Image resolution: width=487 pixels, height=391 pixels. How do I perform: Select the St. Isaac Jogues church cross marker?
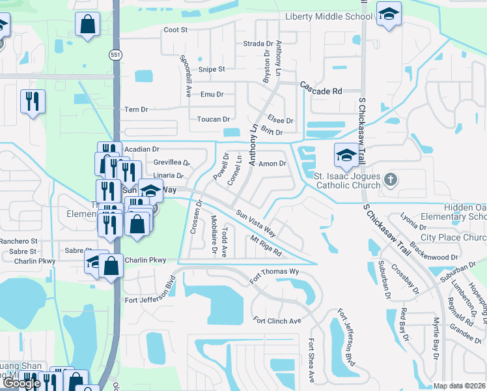(390, 179)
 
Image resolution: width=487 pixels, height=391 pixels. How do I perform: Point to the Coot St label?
(175, 30)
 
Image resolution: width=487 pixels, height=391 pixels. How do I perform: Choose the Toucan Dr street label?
(214, 119)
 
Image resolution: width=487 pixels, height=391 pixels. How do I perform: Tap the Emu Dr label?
(212, 94)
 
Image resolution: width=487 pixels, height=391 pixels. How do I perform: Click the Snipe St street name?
(212, 69)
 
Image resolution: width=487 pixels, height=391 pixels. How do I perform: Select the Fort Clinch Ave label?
(277, 321)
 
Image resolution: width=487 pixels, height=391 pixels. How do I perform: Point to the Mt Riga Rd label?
(266, 246)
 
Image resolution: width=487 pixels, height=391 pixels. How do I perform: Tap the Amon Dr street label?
(273, 164)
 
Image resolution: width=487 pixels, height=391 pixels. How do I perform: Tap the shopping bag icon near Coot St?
(87, 25)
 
